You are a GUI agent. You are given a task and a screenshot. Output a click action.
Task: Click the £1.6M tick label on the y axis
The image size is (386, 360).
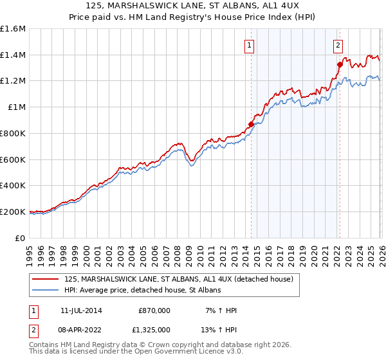13,29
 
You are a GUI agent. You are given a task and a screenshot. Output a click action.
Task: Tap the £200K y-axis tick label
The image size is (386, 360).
13,212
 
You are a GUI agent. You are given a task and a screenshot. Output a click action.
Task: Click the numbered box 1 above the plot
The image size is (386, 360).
249,45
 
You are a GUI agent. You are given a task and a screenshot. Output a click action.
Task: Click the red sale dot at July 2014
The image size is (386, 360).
251,124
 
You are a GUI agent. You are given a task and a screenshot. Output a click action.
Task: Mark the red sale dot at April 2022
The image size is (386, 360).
339,64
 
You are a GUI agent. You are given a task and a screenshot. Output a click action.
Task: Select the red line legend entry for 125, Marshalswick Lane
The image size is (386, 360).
179,279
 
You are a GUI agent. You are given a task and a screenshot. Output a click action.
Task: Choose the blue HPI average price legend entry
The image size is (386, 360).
142,291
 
